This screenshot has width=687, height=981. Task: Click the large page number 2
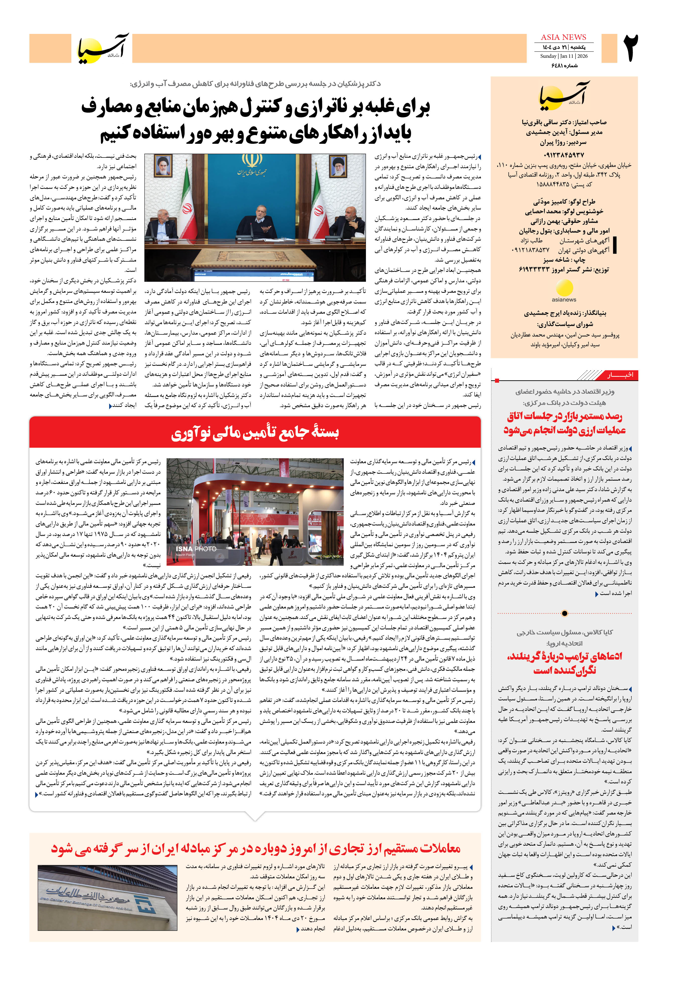(631, 48)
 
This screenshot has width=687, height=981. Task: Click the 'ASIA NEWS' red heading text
(563, 37)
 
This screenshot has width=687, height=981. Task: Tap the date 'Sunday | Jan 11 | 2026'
(563, 56)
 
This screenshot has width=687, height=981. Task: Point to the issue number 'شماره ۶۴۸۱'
(564, 65)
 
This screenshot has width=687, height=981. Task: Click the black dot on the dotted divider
(564, 613)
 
